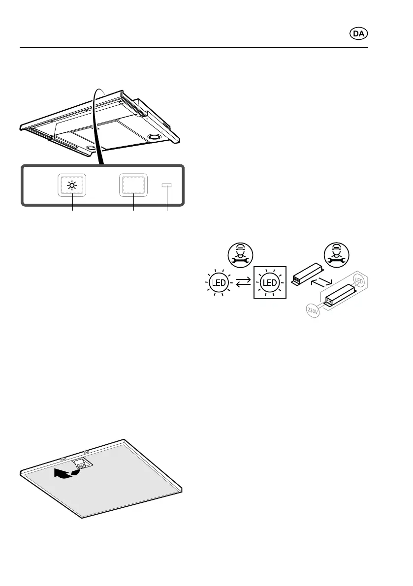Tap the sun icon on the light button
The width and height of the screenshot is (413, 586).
coord(73,185)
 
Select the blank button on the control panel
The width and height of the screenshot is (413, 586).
coord(133,185)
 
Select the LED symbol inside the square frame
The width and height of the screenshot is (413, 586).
coord(269,283)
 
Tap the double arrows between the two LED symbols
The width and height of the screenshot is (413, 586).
coord(245,283)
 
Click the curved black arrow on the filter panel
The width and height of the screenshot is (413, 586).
coord(66,474)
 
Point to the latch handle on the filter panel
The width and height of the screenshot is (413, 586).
coord(81,463)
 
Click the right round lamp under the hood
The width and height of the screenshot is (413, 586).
coord(154,137)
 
